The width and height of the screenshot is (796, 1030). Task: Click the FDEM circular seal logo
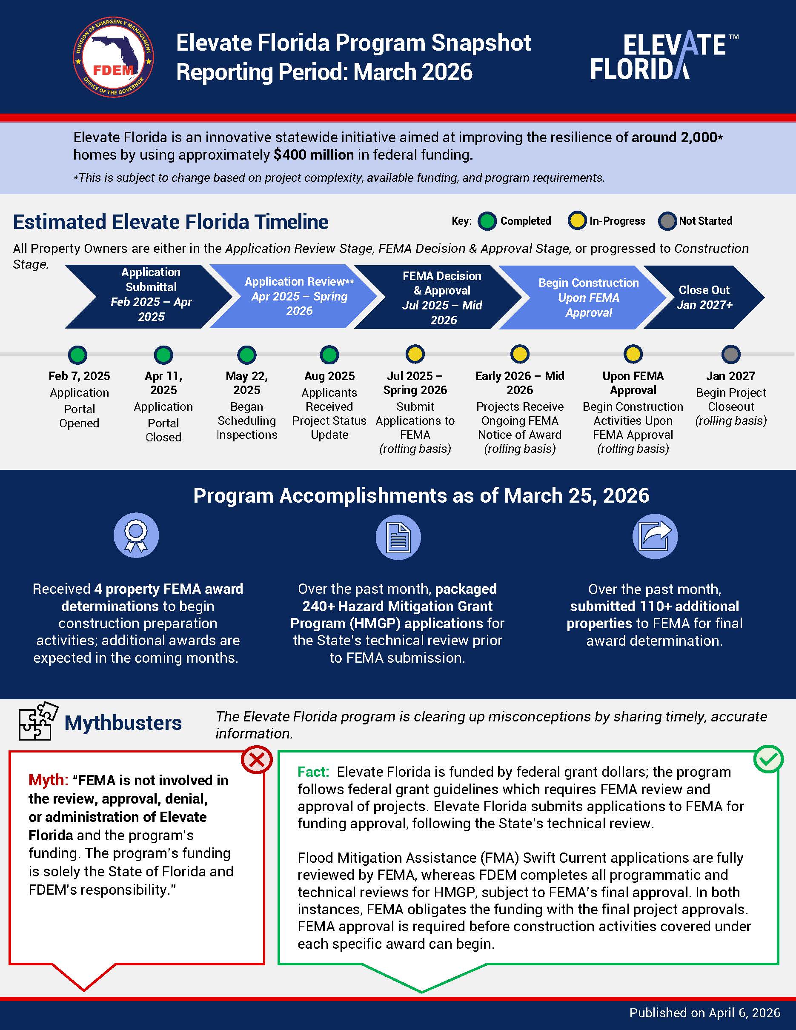coord(113,57)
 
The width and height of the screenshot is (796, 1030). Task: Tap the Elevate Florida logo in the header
coord(664,57)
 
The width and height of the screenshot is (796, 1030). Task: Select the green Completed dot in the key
coord(487,221)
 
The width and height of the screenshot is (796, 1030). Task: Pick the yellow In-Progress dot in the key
coord(577,221)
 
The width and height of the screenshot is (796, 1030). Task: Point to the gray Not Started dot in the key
coord(667,221)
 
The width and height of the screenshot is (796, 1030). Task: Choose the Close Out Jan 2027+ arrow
coord(704,297)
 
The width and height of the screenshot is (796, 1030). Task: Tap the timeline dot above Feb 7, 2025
coord(78,355)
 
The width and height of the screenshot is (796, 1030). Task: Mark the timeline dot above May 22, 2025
coord(246,355)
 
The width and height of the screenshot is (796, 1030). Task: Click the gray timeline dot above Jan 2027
coord(730,354)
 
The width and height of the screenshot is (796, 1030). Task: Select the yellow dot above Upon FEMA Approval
coord(633,354)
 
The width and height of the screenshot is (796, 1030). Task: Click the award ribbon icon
coord(136,535)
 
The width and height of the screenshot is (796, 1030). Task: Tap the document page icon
coord(398,537)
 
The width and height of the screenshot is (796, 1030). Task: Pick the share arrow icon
coord(655,536)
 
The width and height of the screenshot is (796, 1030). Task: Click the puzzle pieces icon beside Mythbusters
coord(37,721)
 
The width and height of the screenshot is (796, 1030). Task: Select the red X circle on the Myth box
coord(257,760)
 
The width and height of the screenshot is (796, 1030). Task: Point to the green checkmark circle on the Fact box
coord(768,759)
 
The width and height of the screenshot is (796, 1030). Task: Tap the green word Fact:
coord(313,772)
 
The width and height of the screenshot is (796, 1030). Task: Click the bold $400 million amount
coord(314,154)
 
